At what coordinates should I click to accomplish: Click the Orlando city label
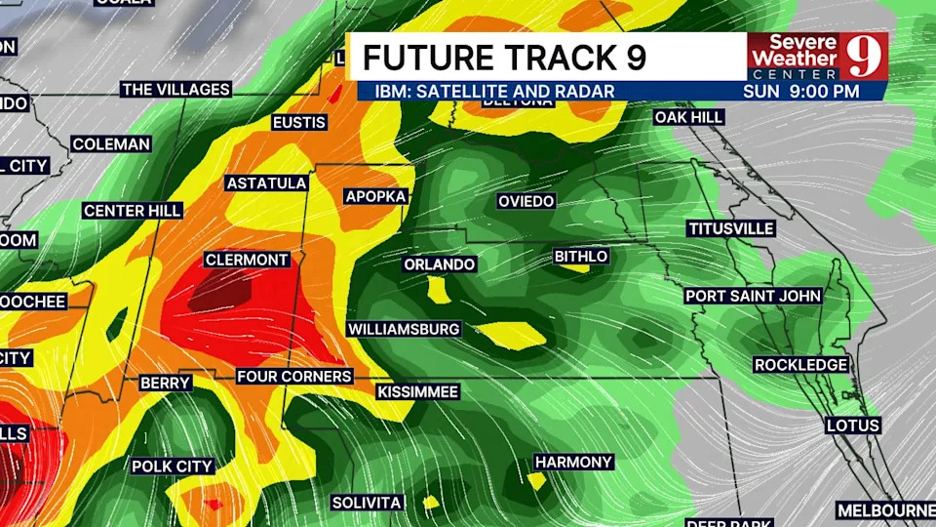[440, 264]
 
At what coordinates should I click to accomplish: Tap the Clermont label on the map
[247, 260]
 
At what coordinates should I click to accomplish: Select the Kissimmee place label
[417, 391]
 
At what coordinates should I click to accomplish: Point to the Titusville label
[731, 228]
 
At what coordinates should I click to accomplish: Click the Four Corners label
[294, 376]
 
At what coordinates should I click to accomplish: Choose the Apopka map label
[375, 196]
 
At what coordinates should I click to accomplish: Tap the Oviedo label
[526, 201]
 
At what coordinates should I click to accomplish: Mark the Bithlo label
[581, 257]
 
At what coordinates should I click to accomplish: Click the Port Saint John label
[753, 296]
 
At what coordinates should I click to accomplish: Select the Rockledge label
[800, 365]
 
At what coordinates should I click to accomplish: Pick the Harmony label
[573, 462]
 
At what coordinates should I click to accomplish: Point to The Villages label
[175, 89]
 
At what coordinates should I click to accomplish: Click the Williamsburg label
[404, 329]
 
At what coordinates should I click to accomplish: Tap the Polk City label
[173, 466]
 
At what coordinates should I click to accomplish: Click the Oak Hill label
[688, 117]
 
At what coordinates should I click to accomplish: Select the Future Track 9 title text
[504, 58]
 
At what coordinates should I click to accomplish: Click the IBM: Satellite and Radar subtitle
[486, 91]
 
